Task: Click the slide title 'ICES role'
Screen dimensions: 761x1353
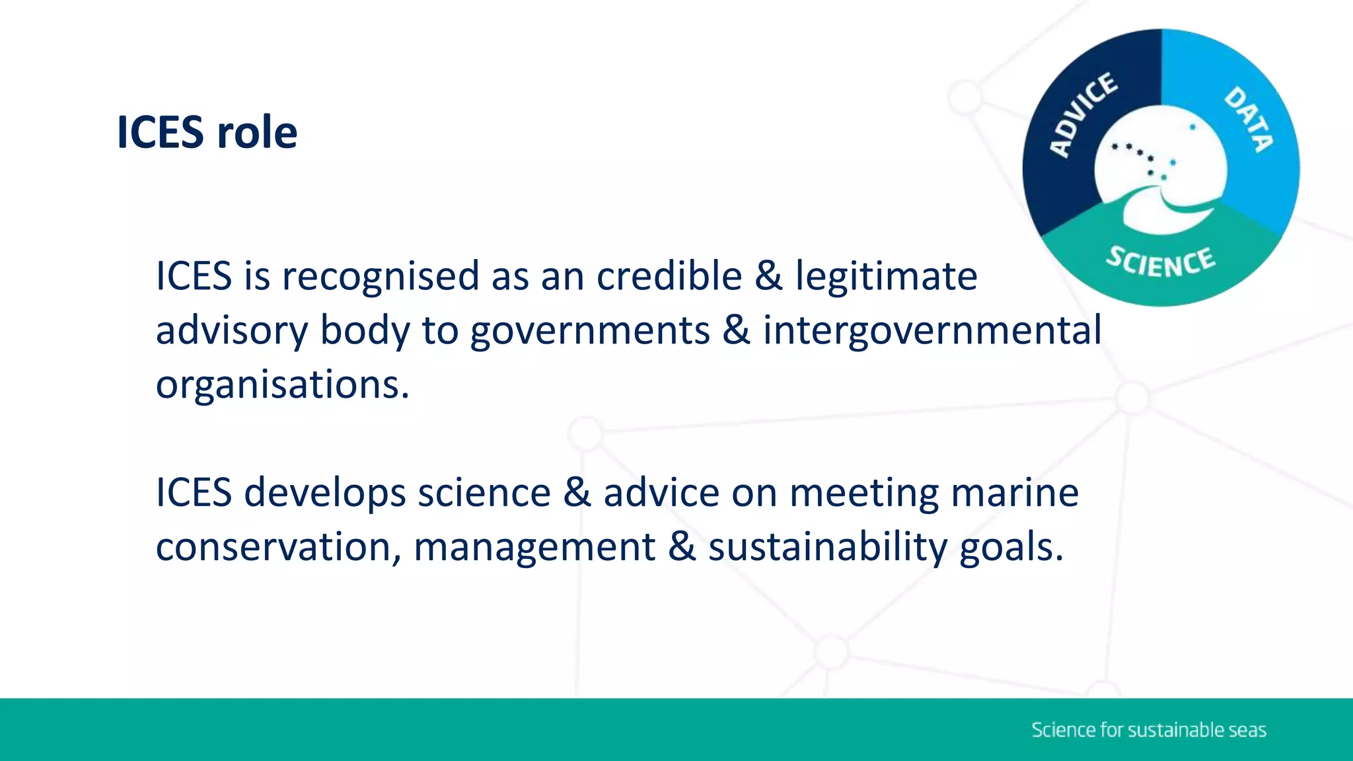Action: point(207,132)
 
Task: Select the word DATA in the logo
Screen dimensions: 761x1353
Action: point(1248,119)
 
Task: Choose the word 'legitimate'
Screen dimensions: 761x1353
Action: point(886,277)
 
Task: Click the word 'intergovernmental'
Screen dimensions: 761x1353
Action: point(932,331)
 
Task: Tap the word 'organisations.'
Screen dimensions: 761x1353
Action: point(283,385)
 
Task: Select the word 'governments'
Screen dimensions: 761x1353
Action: point(590,331)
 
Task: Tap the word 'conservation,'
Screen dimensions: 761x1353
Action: point(278,548)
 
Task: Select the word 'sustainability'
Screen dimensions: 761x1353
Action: point(828,548)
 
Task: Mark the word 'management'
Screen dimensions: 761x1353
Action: point(534,548)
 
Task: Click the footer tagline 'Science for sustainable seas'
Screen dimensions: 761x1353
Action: point(1148,730)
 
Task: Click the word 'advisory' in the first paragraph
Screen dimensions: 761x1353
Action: point(231,331)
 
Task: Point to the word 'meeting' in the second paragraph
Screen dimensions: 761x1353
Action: point(864,493)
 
